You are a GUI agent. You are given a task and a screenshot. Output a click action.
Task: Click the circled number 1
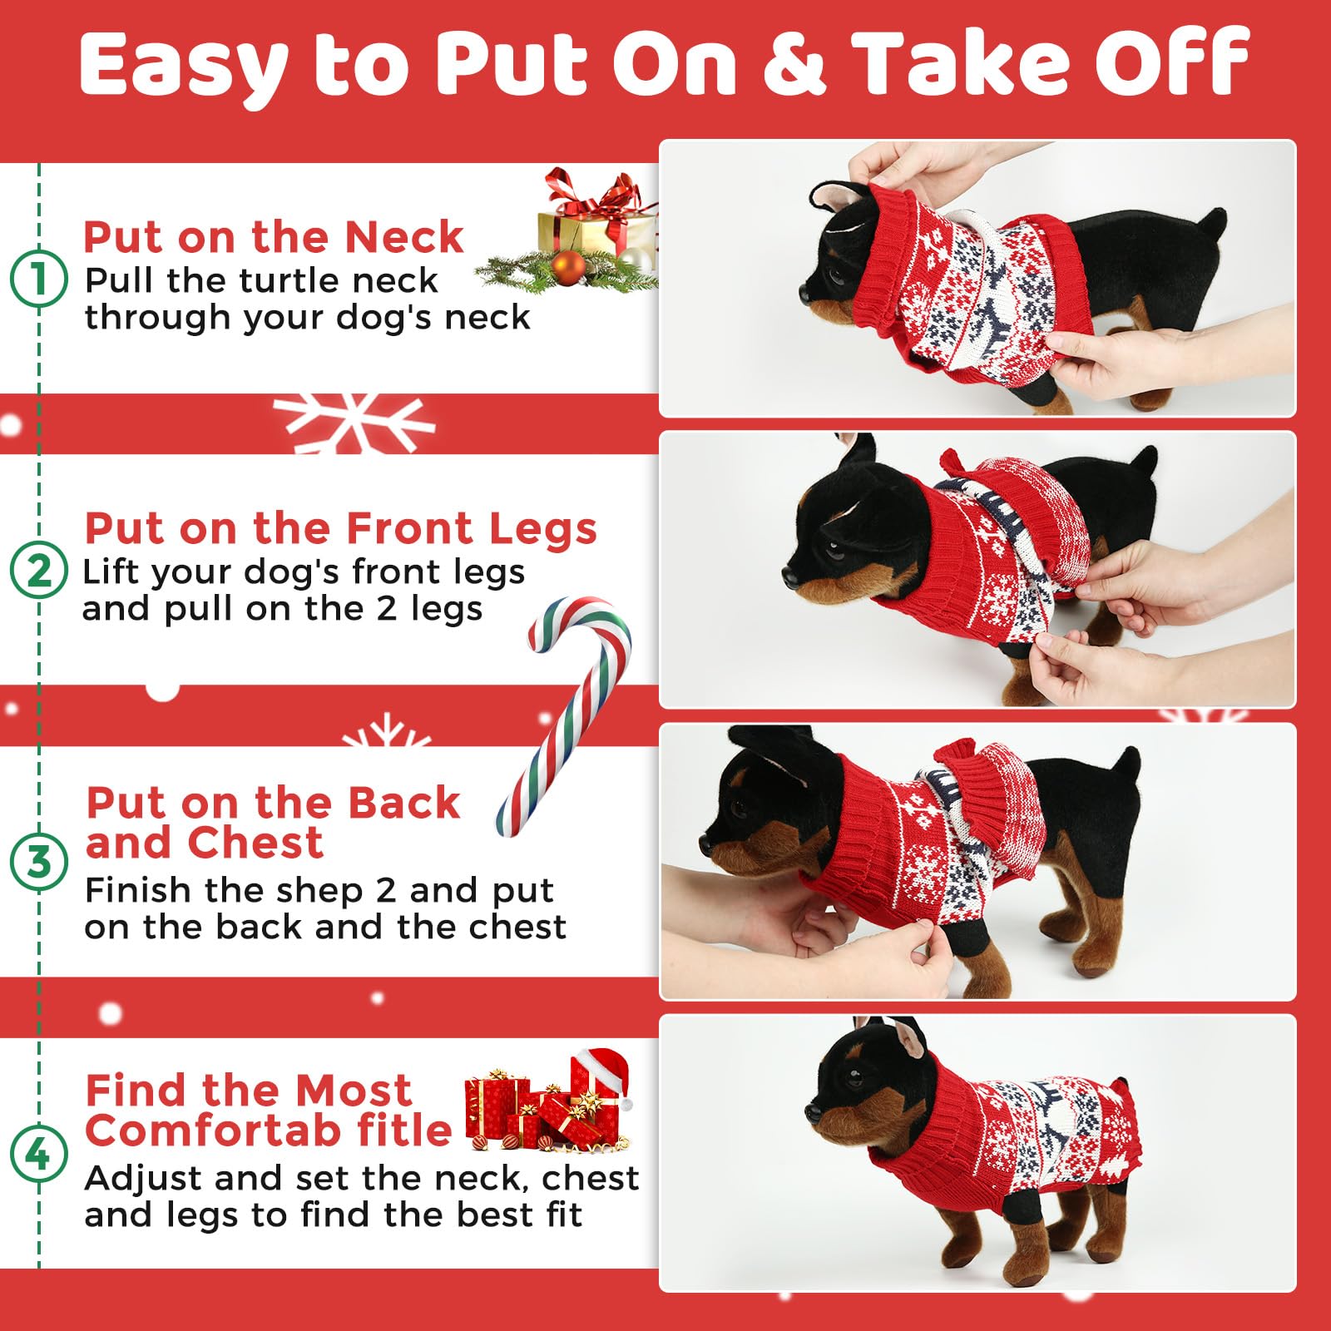(x=38, y=278)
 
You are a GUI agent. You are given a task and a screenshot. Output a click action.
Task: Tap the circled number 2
(x=38, y=571)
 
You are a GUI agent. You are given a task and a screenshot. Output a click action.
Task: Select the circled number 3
(x=38, y=862)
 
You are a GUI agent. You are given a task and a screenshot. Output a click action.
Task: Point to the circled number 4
(x=38, y=1154)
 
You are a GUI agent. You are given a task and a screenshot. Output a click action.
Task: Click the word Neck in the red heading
(x=403, y=238)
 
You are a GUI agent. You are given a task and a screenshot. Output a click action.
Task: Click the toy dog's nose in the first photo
(x=803, y=292)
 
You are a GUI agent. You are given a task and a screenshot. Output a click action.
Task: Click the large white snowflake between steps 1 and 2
(x=354, y=422)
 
